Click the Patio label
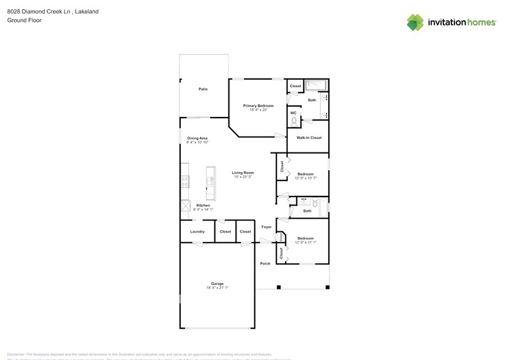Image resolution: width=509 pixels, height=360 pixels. tap(203, 89)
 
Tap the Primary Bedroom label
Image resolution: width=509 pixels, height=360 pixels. tap(258, 106)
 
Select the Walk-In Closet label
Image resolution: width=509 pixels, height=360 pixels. tap(309, 138)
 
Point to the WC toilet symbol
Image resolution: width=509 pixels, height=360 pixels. tap(294, 121)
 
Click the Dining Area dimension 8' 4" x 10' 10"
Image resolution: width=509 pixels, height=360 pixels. tap(197, 142)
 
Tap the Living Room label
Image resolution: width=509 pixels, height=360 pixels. tap(243, 173)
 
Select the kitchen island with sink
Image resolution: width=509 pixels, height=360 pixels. tap(211, 182)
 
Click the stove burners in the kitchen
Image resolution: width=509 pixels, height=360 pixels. tap(184, 181)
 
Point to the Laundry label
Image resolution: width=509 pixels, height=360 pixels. tap(197, 231)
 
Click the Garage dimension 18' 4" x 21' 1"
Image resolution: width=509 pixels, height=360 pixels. tap(217, 288)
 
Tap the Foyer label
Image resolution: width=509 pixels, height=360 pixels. tap(266, 227)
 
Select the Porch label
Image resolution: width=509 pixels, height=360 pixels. tap(265, 263)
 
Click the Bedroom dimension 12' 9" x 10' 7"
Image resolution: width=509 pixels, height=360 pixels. tap(305, 178)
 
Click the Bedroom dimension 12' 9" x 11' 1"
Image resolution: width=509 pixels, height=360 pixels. tap(305, 242)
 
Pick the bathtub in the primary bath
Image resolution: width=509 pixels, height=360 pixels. tap(317, 85)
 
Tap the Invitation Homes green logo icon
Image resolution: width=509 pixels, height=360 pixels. tap(415, 23)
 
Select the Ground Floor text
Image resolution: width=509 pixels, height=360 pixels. tap(21, 20)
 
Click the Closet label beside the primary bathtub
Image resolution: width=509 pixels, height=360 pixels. tap(295, 86)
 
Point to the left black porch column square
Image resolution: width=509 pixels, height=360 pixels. tap(279, 287)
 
